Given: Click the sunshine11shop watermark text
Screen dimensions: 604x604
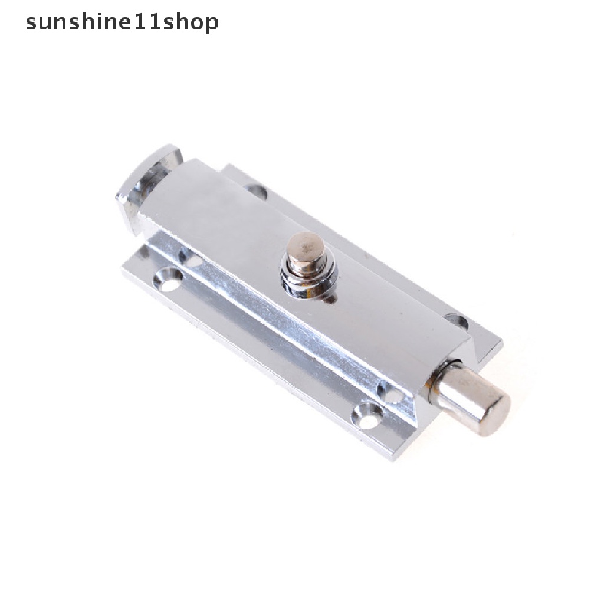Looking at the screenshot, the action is point(122,22).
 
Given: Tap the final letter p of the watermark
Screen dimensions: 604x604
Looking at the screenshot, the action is point(211,24).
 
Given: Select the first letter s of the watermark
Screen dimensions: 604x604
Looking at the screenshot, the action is point(32,23).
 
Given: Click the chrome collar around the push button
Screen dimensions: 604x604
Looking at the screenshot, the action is point(307,280).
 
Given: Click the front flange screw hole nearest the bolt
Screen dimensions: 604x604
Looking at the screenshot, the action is point(367,415).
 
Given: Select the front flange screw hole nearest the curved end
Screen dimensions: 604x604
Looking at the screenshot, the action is point(168,278).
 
